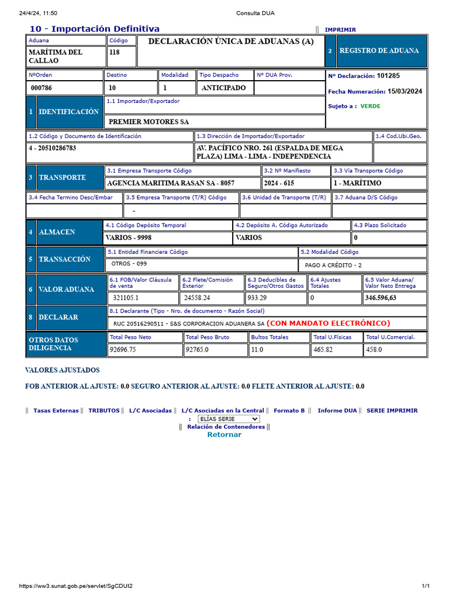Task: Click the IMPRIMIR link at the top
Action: click(340, 30)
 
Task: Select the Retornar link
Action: click(224, 435)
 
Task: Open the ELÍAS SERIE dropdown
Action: click(229, 419)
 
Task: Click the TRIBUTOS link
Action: click(103, 411)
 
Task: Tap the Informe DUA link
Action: click(337, 411)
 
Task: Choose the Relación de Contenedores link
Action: click(226, 427)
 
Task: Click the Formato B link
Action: click(289, 411)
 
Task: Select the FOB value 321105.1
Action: click(126, 298)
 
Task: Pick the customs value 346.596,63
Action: click(381, 298)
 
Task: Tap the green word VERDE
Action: click(370, 106)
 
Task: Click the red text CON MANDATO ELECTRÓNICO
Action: click(328, 323)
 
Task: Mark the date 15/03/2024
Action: click(405, 91)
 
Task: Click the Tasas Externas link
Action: click(56, 411)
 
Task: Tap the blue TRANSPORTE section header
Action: click(62, 177)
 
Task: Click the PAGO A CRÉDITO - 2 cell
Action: click(333, 265)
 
